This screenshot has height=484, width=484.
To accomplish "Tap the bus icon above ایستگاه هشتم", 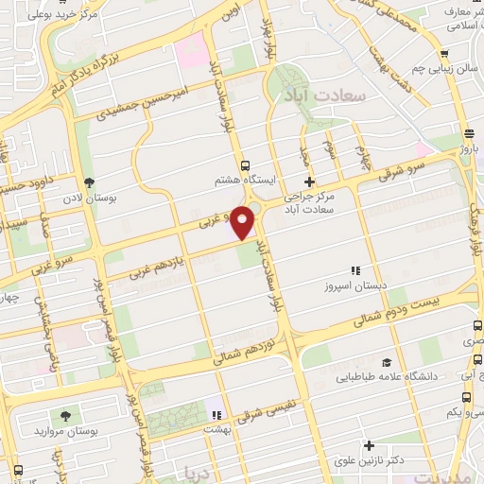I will pos(247,164).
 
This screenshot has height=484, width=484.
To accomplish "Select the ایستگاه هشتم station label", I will pos(246,178).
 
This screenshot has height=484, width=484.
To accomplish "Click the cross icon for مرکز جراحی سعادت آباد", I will pos(308,181).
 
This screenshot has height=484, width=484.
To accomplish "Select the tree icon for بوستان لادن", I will pos(89,182).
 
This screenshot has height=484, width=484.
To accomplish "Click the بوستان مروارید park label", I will pos(65,430).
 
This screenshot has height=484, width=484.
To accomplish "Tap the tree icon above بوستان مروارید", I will pos(65,415).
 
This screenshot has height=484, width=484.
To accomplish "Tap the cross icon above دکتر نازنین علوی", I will pos(369,444).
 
